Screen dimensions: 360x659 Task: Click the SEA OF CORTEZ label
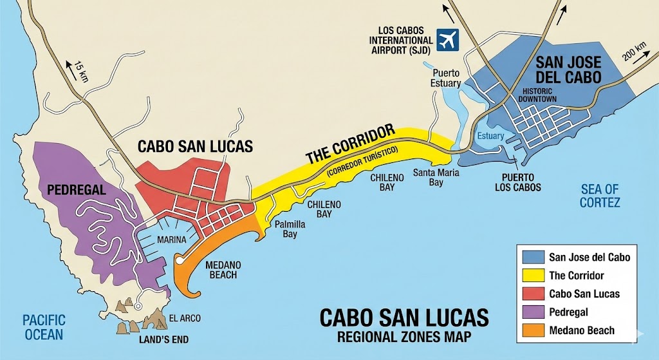click(600, 196)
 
